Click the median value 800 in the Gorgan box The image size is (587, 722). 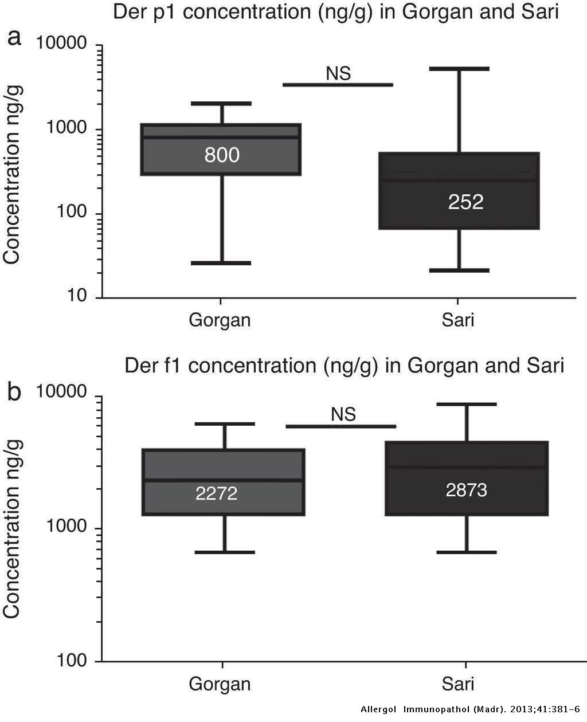(222, 155)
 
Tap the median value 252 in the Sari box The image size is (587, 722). (465, 202)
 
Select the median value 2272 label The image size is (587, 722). (216, 493)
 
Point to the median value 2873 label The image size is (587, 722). (466, 490)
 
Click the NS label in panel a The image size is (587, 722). (338, 73)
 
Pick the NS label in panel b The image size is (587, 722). (343, 414)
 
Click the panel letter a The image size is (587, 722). (14, 38)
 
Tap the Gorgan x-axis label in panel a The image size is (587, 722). (220, 320)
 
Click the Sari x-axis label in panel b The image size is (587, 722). (458, 684)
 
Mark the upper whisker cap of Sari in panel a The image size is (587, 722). (459, 69)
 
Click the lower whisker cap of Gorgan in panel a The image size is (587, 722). (221, 263)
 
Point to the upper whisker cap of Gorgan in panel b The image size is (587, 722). (224, 424)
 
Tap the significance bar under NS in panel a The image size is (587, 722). (338, 85)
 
